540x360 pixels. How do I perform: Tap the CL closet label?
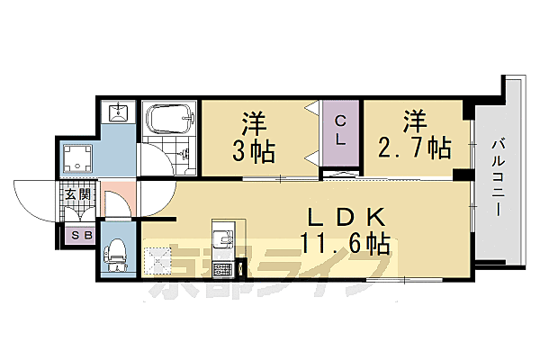tap(341, 130)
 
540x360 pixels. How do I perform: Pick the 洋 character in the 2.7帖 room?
tap(415, 121)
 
